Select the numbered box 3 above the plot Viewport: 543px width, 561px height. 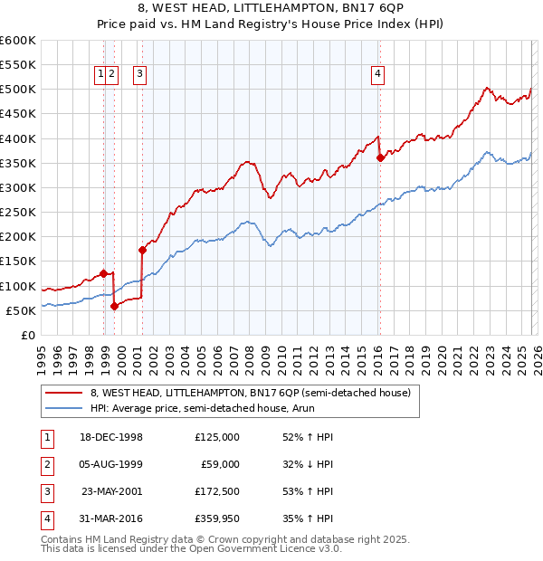pyautogui.click(x=141, y=75)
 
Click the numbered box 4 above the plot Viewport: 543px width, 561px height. pyautogui.click(x=377, y=75)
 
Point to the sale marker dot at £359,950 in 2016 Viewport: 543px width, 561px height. pyautogui.click(x=380, y=158)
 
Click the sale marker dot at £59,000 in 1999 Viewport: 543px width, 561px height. pyautogui.click(x=114, y=306)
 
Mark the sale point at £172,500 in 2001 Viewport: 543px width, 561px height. pyautogui.click(x=142, y=250)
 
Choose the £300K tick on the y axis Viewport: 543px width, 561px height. pyautogui.click(x=19, y=187)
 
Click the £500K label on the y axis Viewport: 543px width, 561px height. pyautogui.click(x=19, y=90)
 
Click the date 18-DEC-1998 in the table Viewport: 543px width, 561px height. pyautogui.click(x=112, y=437)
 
